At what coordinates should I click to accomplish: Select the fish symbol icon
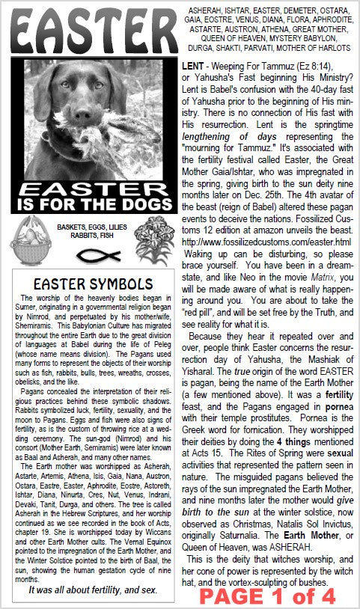point(88,254)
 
